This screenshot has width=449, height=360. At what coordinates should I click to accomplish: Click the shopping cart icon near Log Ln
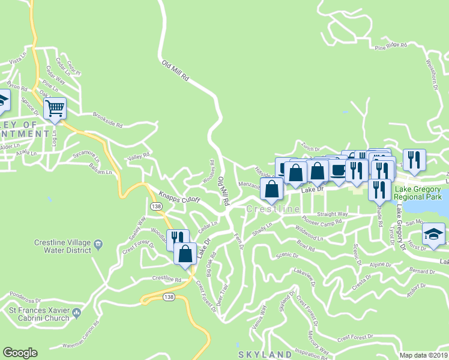pos(55,109)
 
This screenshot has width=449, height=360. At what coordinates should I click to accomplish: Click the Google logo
pos(20,353)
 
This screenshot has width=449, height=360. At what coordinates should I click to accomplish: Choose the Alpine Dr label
pos(380,264)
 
